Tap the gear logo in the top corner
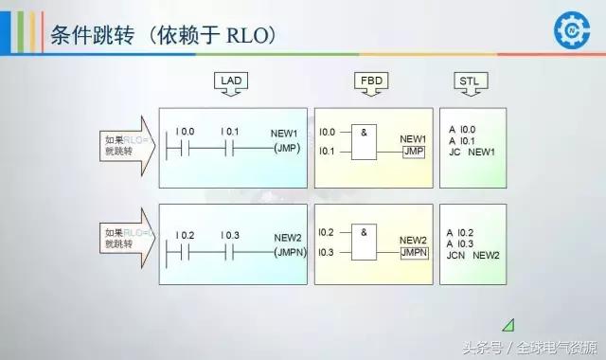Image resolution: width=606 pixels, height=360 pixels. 572,29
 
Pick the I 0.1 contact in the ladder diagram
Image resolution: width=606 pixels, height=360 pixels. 228,148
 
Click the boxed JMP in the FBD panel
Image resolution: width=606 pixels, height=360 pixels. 413,152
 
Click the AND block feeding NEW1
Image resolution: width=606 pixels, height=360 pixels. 366,141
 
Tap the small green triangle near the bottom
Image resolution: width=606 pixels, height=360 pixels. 508,324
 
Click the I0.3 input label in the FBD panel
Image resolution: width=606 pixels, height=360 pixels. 328,252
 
